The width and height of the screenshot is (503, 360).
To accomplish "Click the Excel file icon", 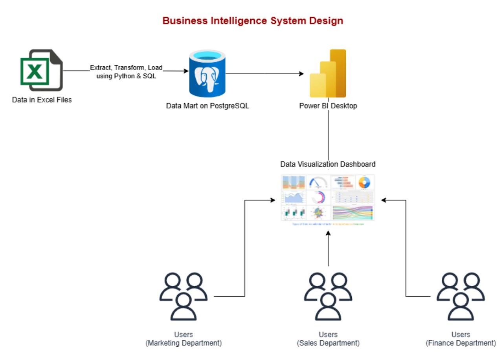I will (41, 70).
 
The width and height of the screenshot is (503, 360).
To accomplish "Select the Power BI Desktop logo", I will (328, 73).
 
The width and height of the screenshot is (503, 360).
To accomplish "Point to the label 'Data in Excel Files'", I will (42, 100).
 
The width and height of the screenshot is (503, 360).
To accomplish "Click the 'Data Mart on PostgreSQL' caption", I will (207, 106).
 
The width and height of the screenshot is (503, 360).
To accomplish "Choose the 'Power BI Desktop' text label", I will (328, 106).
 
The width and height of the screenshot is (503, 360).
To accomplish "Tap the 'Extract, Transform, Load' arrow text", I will (126, 68).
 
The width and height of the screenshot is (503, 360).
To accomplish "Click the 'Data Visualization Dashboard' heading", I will (328, 164).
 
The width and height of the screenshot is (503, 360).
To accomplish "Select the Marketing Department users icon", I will (183, 297).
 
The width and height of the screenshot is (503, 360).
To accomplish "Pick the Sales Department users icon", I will (328, 297).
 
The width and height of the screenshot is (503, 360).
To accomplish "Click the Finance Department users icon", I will (461, 297).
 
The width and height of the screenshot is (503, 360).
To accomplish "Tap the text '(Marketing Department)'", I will (183, 343).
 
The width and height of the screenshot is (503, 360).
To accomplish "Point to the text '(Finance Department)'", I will (461, 343).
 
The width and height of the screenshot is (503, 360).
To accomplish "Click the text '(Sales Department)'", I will (328, 343).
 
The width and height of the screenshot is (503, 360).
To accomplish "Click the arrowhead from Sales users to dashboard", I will (328, 234).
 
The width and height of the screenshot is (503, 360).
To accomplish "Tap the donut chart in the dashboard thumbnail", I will (364, 182).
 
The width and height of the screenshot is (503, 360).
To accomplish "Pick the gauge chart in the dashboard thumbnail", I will (318, 183).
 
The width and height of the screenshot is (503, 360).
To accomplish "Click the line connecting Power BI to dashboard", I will (328, 133).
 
